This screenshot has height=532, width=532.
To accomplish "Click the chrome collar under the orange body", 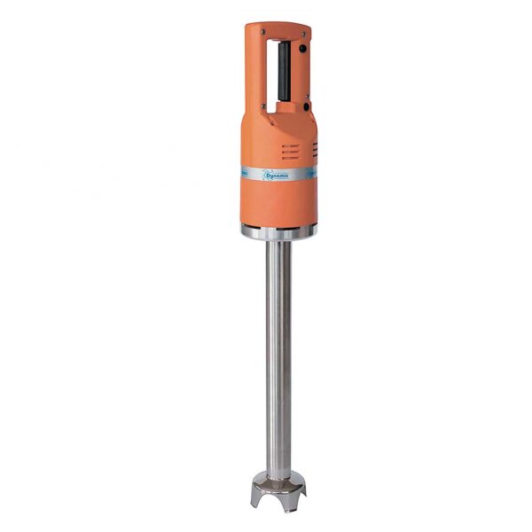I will pos(278,232).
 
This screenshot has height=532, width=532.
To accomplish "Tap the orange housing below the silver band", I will pos(278,204).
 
